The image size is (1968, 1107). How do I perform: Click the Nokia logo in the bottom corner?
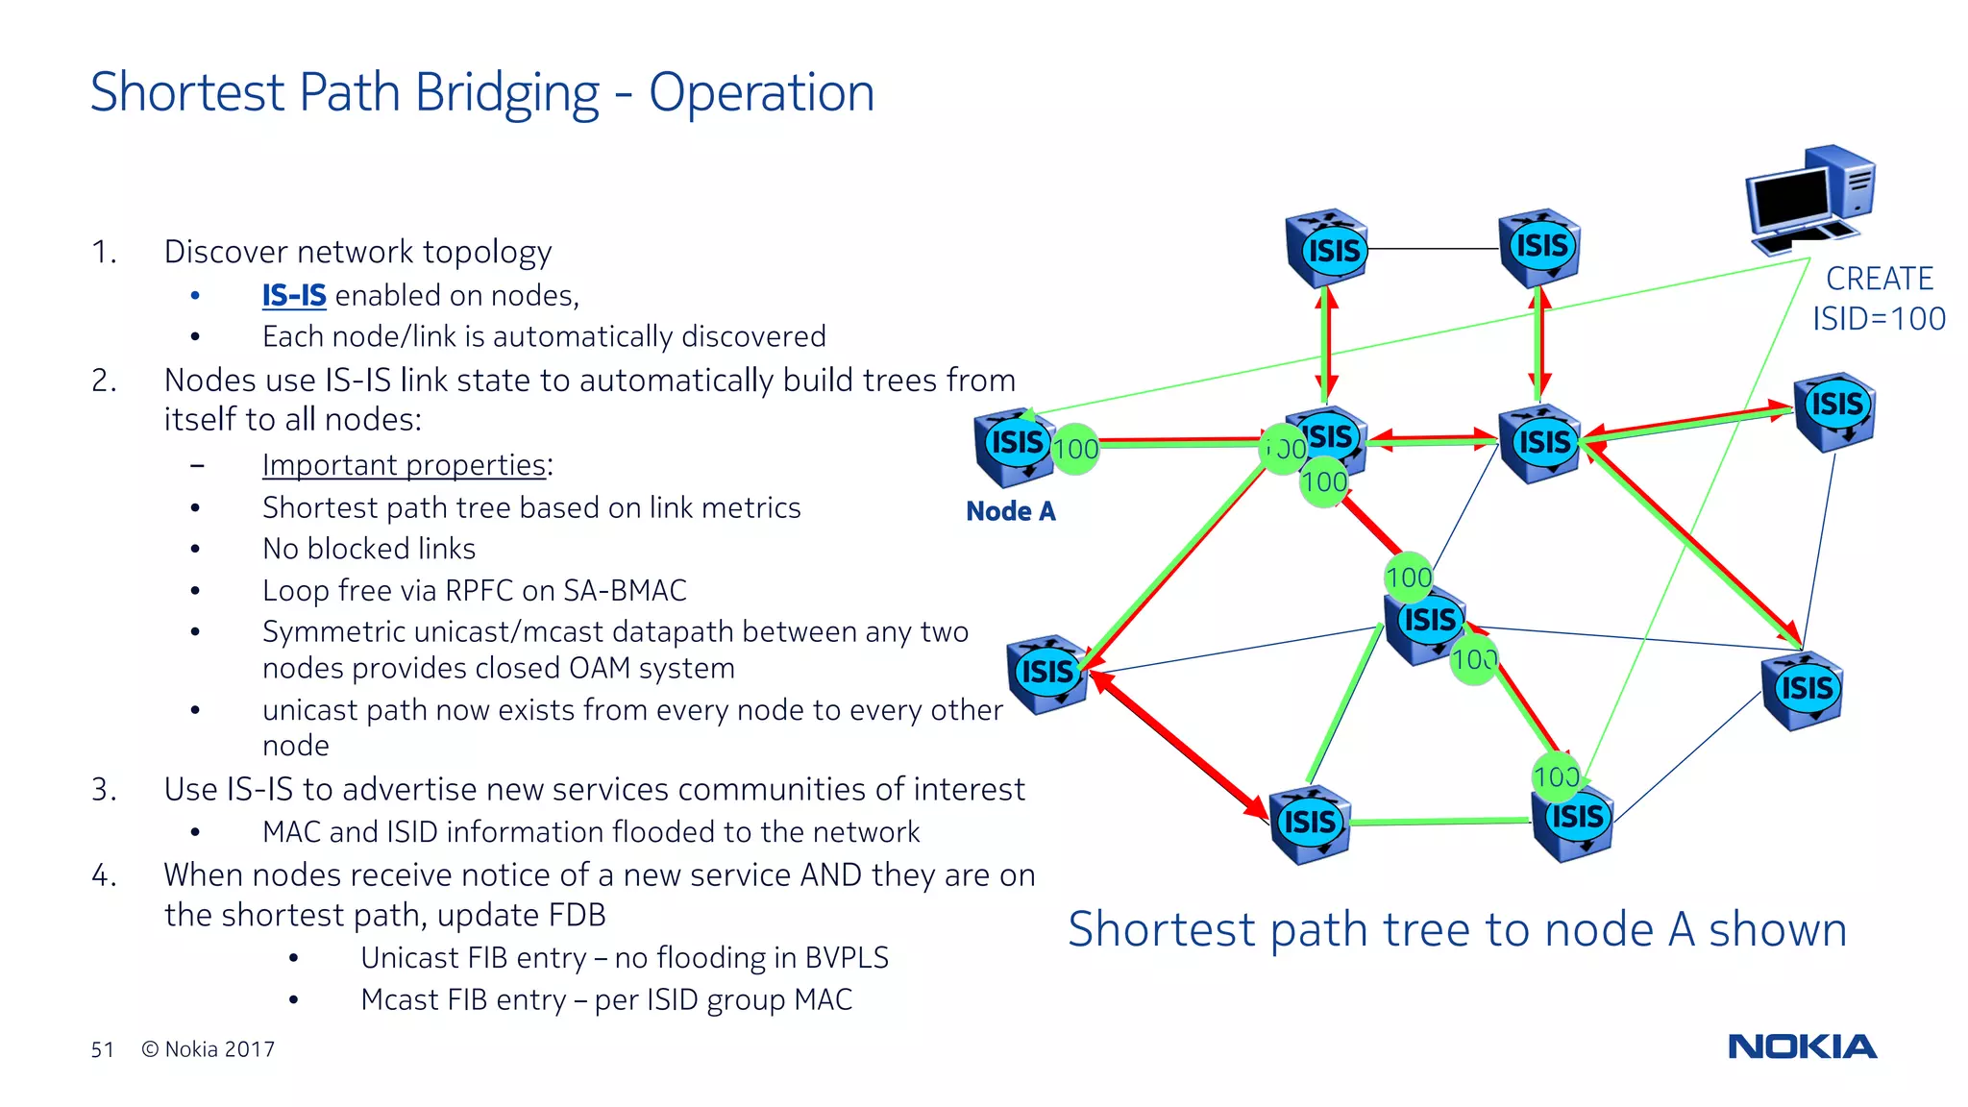pyautogui.click(x=1802, y=1046)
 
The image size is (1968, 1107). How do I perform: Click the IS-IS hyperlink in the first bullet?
pyautogui.click(x=294, y=295)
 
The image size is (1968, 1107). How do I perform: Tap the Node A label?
pyautogui.click(x=1010, y=511)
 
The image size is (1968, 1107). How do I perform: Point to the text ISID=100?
pyautogui.click(x=1879, y=319)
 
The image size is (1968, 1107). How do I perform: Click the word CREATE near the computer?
pyautogui.click(x=1879, y=279)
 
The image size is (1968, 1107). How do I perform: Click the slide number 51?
pyautogui.click(x=102, y=1049)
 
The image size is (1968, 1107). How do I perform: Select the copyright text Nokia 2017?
pyautogui.click(x=209, y=1049)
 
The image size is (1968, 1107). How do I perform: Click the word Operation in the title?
pyautogui.click(x=761, y=93)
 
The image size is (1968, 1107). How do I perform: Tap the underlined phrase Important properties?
pyautogui.click(x=405, y=465)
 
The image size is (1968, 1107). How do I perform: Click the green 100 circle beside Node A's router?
pyautogui.click(x=1075, y=449)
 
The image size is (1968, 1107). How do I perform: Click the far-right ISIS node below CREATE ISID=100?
pyautogui.click(x=1834, y=410)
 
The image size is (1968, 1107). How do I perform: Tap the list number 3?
pyautogui.click(x=103, y=790)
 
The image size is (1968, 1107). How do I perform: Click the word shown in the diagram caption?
pyautogui.click(x=1777, y=930)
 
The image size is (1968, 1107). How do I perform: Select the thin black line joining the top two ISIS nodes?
pyautogui.click(x=1432, y=249)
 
